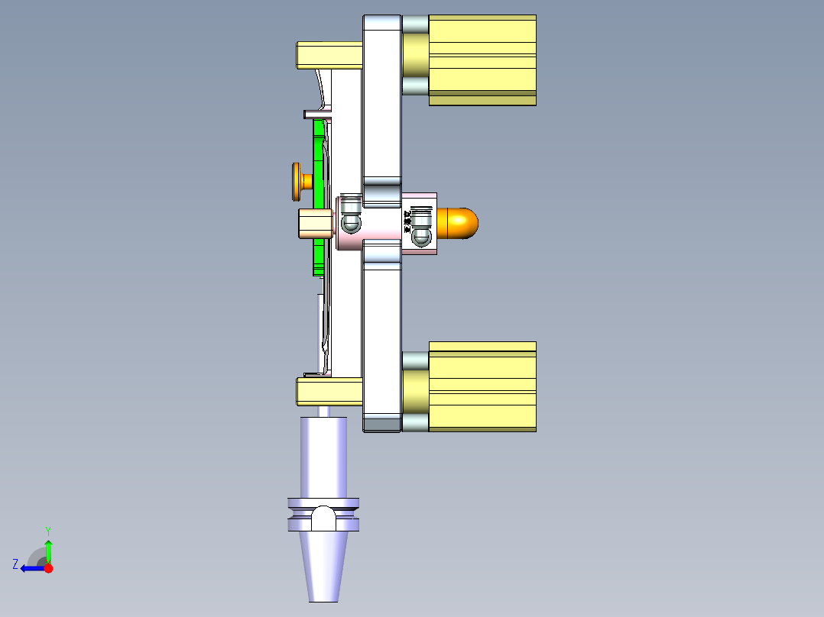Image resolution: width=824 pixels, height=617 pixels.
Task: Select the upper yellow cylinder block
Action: (482, 60)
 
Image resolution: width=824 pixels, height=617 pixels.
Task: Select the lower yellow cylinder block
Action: (482, 386)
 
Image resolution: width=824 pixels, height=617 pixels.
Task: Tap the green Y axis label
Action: (47, 530)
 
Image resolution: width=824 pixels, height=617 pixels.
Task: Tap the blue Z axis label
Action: (15, 564)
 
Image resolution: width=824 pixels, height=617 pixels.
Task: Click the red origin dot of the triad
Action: (48, 568)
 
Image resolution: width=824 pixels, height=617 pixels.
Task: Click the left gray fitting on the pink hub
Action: (351, 216)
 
